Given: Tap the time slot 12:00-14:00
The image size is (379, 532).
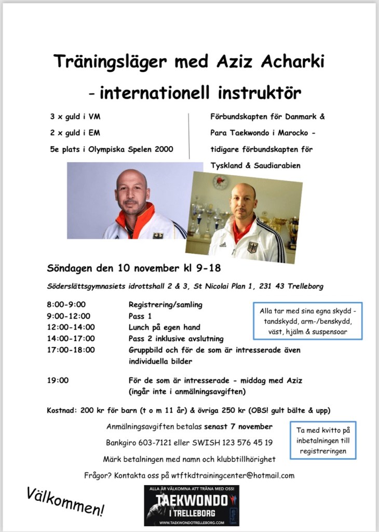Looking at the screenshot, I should tap(71, 327).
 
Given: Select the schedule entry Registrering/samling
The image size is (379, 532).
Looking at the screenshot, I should tap(166, 305).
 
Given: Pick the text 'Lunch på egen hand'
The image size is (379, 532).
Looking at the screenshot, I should tap(164, 327).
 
